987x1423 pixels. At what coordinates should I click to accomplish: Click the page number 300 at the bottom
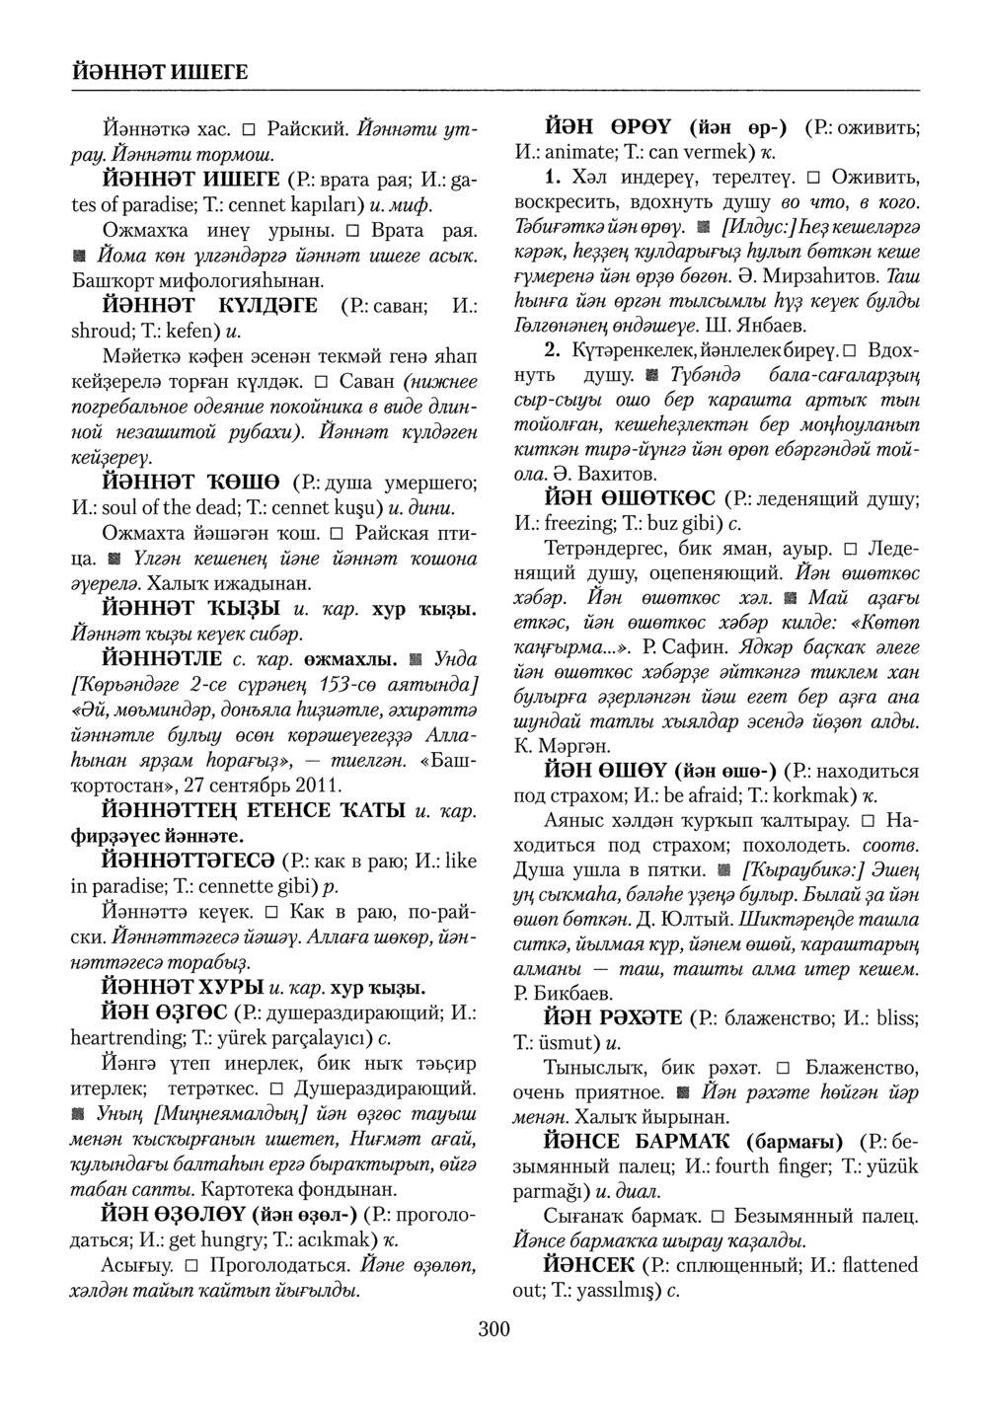pyautogui.click(x=493, y=1329)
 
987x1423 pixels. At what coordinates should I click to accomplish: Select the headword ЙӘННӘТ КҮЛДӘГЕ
pyautogui.click(x=210, y=306)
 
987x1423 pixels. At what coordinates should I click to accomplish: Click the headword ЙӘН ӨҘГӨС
pyautogui.click(x=165, y=1012)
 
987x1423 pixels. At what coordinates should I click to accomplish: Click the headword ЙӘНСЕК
pyautogui.click(x=588, y=1265)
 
